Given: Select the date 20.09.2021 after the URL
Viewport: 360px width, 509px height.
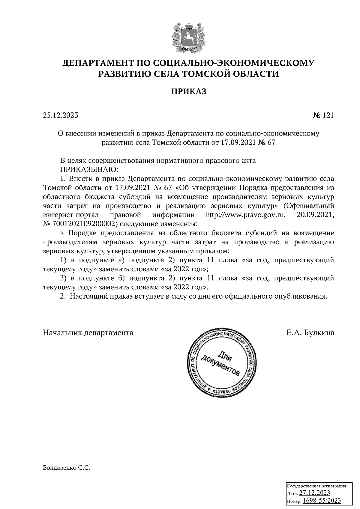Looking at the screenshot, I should pyautogui.click(x=315, y=215).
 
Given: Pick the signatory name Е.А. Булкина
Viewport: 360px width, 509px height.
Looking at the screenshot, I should pyautogui.click(x=310, y=333).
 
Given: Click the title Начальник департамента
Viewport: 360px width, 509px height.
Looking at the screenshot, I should pyautogui.click(x=88, y=333).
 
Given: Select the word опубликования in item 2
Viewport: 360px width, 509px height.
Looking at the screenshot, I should pyautogui.click(x=300, y=297).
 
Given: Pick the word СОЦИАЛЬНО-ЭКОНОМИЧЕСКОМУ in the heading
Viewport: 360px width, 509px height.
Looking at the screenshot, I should pyautogui.click(x=234, y=63).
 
